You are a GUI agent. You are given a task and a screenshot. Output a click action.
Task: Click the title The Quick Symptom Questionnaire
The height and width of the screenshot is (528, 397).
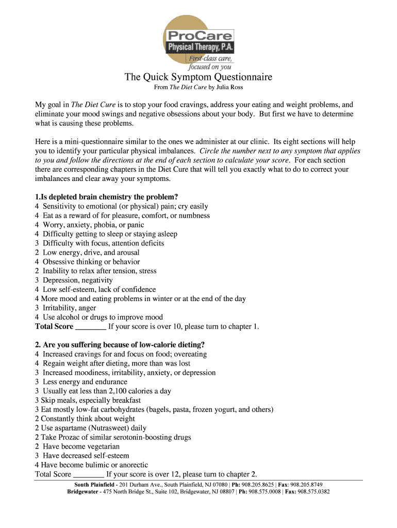click(198, 78)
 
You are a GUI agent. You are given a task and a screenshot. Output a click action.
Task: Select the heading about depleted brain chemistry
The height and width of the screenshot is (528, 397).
click(107, 197)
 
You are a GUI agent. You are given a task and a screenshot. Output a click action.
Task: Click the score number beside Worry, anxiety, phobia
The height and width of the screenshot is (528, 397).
click(37, 225)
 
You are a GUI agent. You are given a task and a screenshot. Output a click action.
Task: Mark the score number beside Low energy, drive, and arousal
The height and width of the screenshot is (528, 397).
click(37, 253)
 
